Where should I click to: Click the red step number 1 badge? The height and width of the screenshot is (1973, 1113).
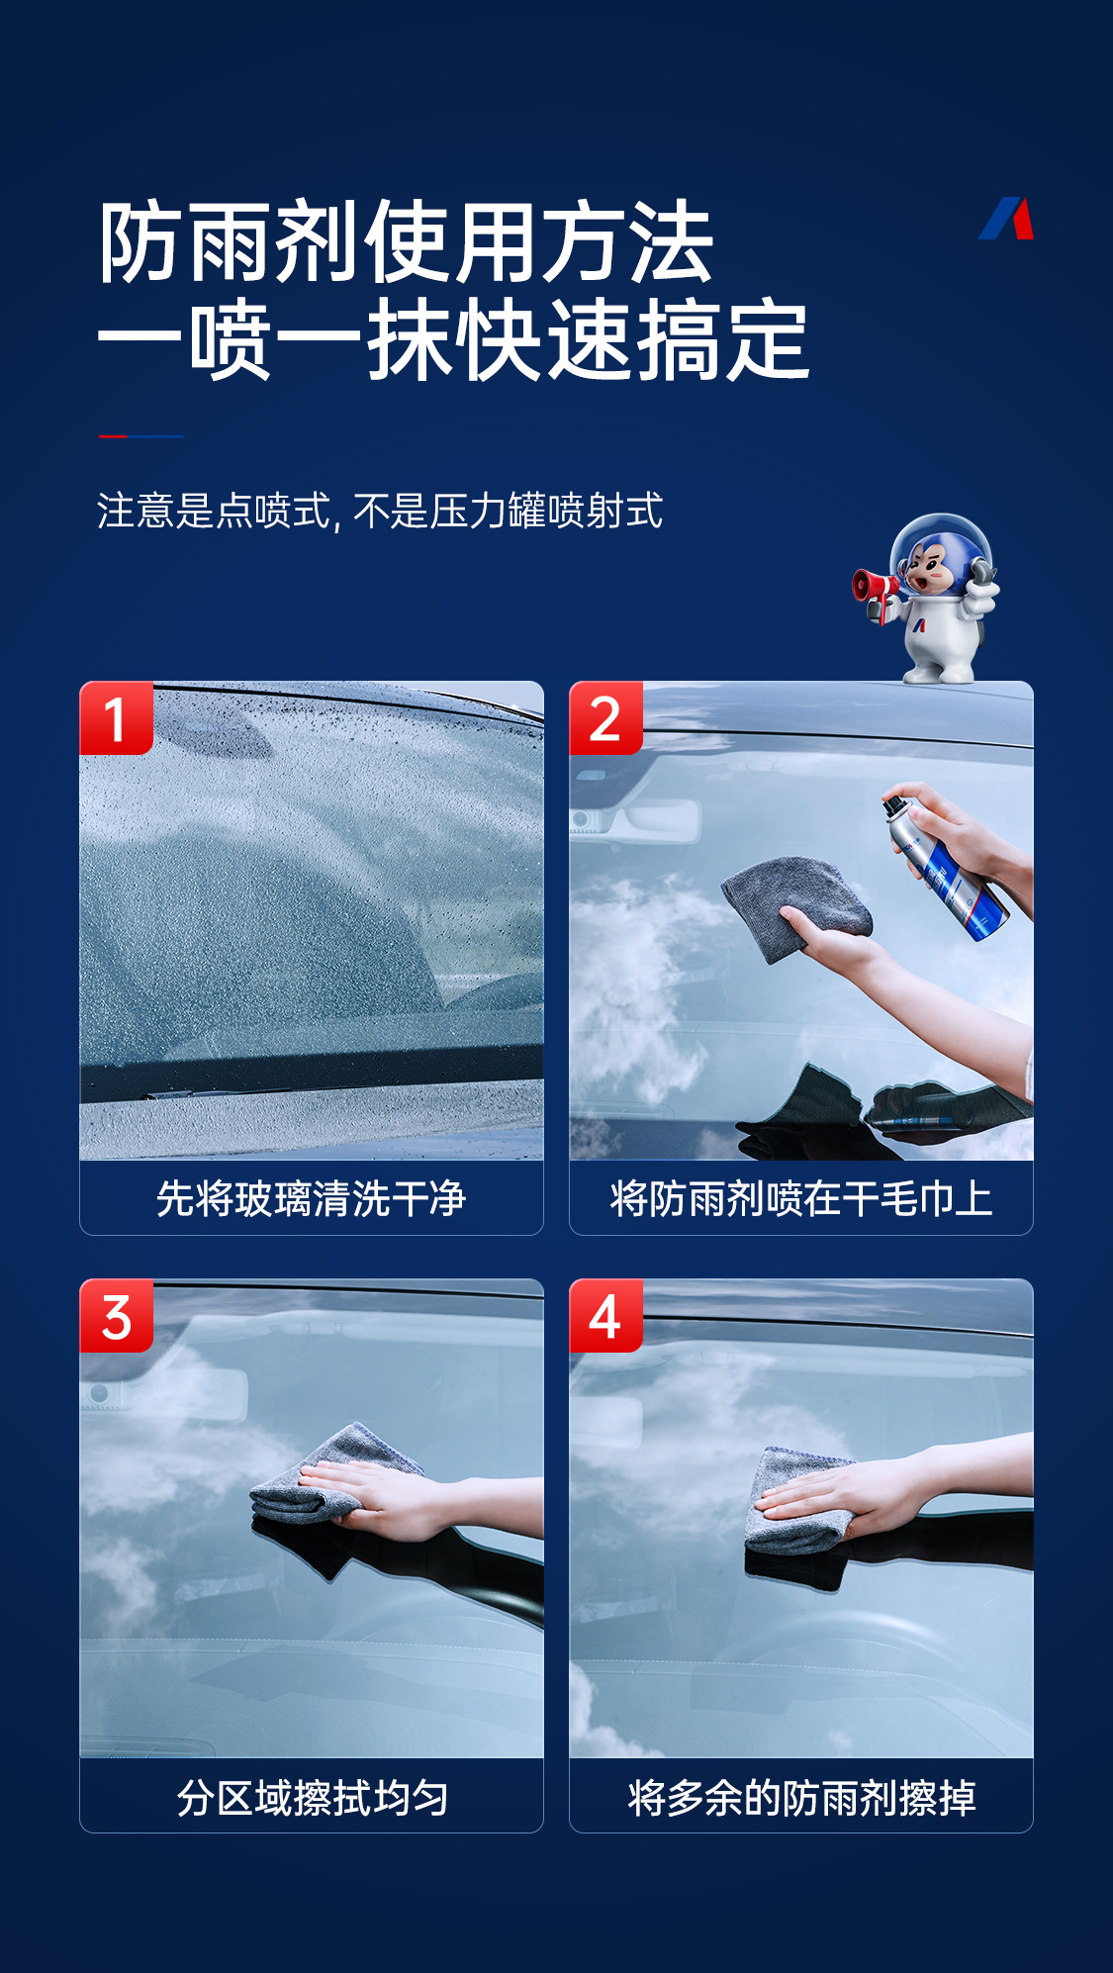[117, 718]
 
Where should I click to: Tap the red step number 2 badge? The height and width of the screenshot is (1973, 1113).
[605, 718]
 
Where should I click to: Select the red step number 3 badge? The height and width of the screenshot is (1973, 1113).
[117, 1316]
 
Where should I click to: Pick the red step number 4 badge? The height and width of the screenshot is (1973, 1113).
[605, 1316]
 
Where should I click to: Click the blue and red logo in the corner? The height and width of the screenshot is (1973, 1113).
[1006, 219]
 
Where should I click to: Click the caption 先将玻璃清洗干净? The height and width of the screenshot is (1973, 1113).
[311, 1198]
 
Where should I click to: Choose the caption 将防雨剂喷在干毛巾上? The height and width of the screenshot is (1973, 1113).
[801, 1198]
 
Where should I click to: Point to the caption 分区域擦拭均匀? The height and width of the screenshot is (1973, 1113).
[313, 1797]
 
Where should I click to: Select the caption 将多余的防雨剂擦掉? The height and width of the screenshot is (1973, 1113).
[801, 1797]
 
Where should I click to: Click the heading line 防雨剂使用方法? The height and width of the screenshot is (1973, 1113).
[406, 242]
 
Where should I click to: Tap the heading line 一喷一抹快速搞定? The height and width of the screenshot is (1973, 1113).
[454, 340]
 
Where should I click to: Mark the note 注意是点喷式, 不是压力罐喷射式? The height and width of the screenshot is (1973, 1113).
[380, 512]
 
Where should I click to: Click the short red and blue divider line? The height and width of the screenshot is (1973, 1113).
[140, 435]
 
